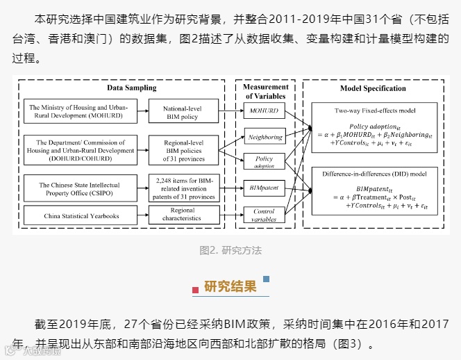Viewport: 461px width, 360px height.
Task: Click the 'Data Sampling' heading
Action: [x=131, y=88]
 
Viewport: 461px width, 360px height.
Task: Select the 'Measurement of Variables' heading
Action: [x=265, y=91]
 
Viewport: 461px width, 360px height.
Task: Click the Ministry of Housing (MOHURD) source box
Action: [x=78, y=112]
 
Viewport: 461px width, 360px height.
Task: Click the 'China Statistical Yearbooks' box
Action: [x=78, y=215]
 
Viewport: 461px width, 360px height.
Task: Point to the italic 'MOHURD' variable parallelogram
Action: [x=265, y=110]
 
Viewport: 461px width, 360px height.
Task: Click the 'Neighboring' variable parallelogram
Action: [x=265, y=137]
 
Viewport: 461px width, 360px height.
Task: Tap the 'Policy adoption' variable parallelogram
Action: [x=265, y=163]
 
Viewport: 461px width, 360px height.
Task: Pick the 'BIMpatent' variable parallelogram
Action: [x=265, y=188]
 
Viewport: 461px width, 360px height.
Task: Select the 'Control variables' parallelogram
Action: [x=265, y=215]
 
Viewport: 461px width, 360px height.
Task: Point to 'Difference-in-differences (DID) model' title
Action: [x=374, y=172]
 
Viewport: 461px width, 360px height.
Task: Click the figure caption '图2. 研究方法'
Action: [x=230, y=250]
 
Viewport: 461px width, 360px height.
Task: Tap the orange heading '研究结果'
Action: [x=230, y=286]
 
